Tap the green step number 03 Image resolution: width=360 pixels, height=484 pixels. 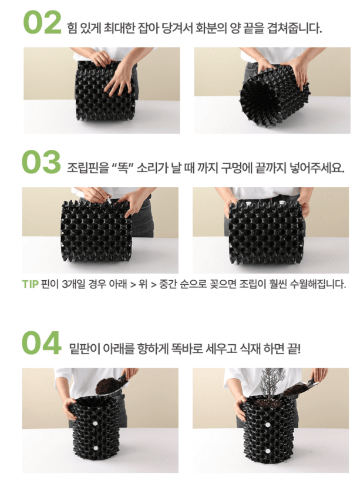[42, 162]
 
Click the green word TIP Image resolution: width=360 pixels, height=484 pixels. [30, 285]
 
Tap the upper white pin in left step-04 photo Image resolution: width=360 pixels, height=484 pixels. [95, 422]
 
